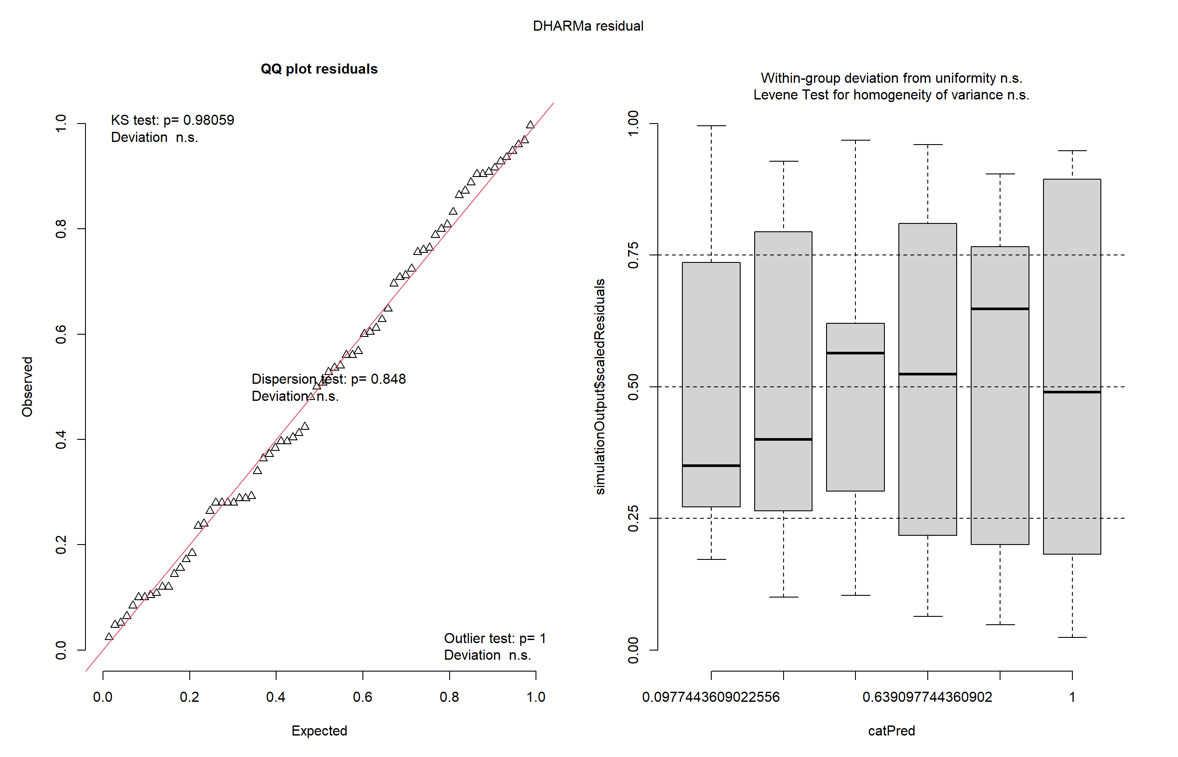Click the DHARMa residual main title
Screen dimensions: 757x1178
pos(588,26)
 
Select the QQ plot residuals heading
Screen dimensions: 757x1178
pos(319,69)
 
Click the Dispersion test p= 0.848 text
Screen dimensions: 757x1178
pos(328,379)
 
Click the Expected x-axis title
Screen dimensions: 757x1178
pos(319,730)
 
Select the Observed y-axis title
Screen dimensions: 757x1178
pos(27,387)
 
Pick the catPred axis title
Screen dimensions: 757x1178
pos(891,730)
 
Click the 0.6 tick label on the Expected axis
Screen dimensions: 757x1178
pos(362,697)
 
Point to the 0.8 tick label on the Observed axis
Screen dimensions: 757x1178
pos(60,229)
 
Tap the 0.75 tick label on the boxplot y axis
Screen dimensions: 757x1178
pos(633,255)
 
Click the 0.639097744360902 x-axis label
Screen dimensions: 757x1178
pos(927,697)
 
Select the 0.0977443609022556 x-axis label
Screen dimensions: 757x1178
pos(711,697)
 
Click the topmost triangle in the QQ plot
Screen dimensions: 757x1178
pos(530,125)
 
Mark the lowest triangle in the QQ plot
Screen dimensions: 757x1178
pos(109,637)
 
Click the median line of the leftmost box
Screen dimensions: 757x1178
pos(711,466)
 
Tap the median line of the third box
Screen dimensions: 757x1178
pos(855,353)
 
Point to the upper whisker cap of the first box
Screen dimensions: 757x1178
pos(711,126)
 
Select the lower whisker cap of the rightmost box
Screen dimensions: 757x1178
pos(1072,637)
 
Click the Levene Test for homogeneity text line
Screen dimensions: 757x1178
pos(891,95)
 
